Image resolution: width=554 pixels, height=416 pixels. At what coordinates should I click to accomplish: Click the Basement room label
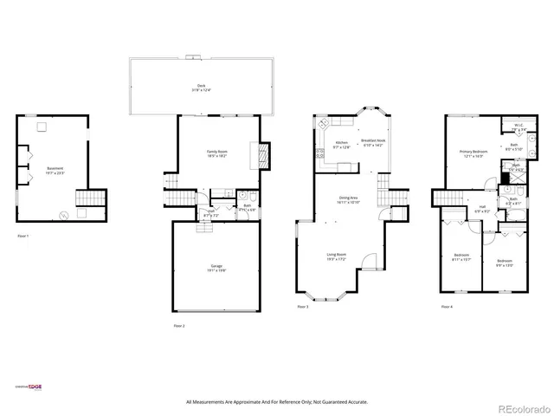(x=54, y=171)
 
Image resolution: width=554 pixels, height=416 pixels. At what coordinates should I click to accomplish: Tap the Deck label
(x=201, y=88)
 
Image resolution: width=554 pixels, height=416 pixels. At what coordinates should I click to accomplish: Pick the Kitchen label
(x=342, y=144)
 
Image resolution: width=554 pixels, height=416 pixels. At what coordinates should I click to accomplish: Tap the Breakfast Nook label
(x=374, y=144)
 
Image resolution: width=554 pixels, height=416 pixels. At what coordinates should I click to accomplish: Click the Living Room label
(x=337, y=257)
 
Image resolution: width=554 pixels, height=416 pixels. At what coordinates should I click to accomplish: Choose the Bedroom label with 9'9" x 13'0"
(x=504, y=263)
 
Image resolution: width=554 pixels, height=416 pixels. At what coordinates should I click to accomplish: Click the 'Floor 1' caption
(x=23, y=235)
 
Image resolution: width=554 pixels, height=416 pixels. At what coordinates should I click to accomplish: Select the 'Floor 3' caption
(x=302, y=307)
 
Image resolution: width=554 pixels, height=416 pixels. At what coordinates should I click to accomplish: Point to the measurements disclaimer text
(x=277, y=402)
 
